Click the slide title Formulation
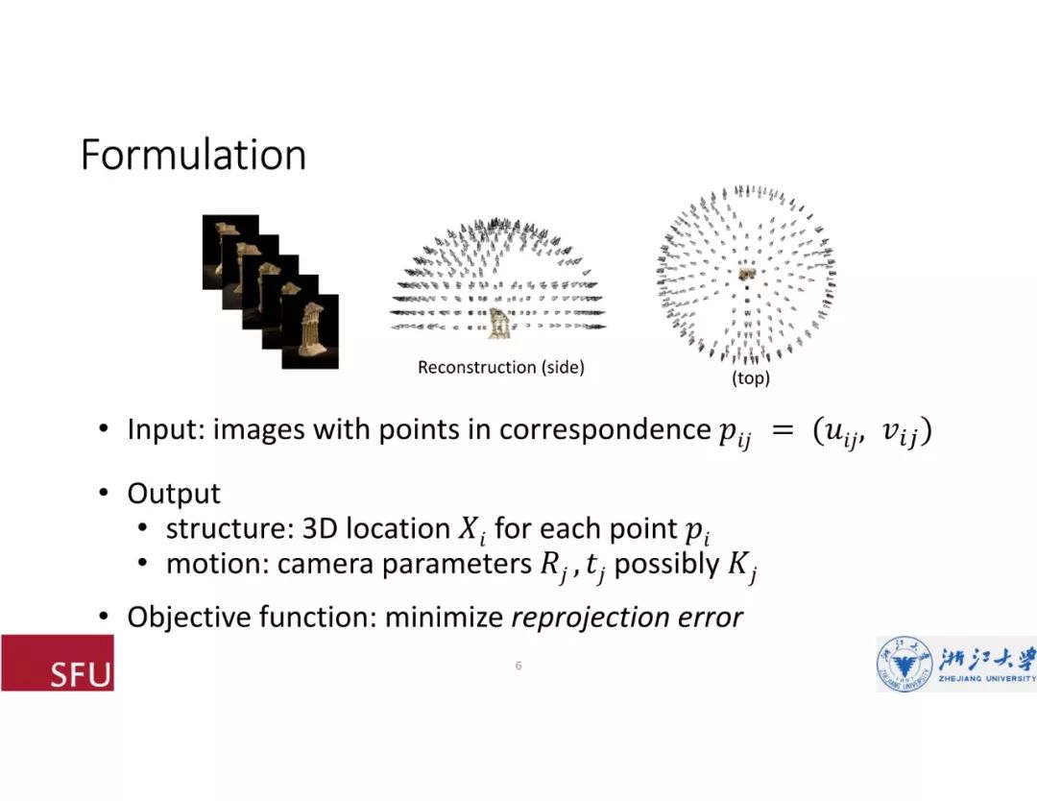pos(193,156)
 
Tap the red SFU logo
pos(58,663)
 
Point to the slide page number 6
pos(518,666)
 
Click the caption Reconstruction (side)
pos(500,368)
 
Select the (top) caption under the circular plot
pos(751,379)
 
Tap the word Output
pos(174,494)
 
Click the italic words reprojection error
pos(627,617)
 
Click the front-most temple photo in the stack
pos(310,331)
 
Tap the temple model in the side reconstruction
pos(497,324)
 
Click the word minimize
pos(445,617)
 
